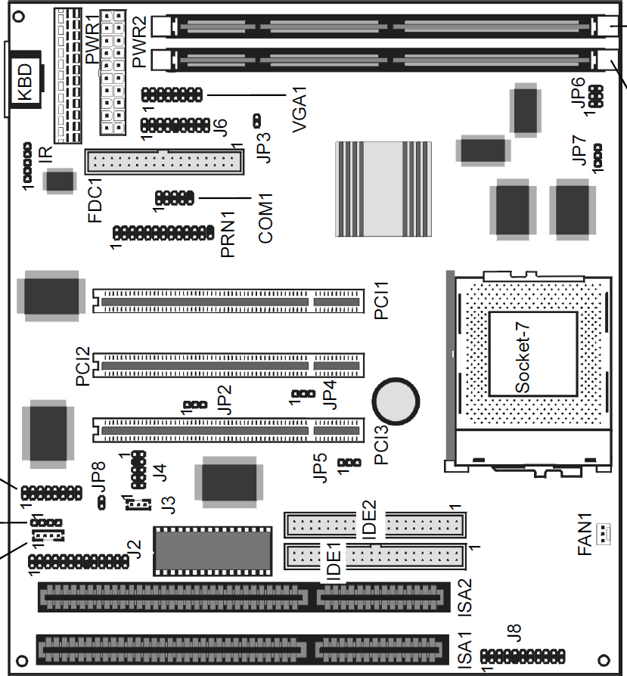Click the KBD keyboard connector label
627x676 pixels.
click(24, 82)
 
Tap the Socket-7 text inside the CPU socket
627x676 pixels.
click(522, 358)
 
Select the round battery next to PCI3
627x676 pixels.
click(396, 402)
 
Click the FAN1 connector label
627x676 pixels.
click(585, 534)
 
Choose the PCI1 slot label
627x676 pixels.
click(381, 300)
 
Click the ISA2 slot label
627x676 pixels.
click(464, 597)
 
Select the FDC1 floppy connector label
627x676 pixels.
click(95, 200)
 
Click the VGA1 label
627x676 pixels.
click(300, 110)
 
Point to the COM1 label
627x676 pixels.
click(265, 218)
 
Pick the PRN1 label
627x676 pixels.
click(227, 234)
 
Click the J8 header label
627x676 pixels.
click(514, 633)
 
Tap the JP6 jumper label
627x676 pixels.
click(578, 91)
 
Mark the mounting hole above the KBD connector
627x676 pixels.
click(19, 17)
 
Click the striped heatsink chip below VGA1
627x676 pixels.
click(383, 189)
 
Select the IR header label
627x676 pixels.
click(45, 154)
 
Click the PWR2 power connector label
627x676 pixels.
click(139, 42)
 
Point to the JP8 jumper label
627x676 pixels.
click(98, 478)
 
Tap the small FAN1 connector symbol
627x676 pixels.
click(604, 534)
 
